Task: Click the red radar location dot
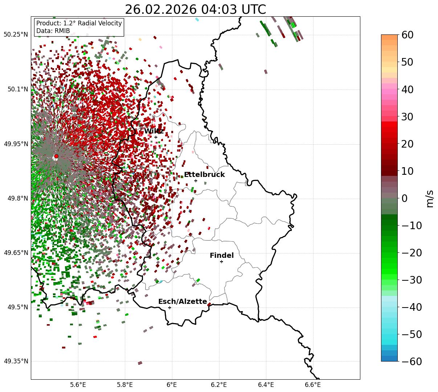(56, 156)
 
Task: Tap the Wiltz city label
(153, 131)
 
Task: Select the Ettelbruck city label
(204, 175)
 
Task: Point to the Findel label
(222, 256)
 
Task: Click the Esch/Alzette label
(183, 302)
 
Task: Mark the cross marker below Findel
(221, 261)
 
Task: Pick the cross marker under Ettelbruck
(196, 181)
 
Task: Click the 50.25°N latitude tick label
(16, 35)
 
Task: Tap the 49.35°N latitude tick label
(16, 361)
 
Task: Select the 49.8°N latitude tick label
(17, 198)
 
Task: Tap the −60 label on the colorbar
(412, 362)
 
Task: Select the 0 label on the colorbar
(404, 198)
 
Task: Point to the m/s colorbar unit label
(430, 198)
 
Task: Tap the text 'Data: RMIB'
(53, 31)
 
